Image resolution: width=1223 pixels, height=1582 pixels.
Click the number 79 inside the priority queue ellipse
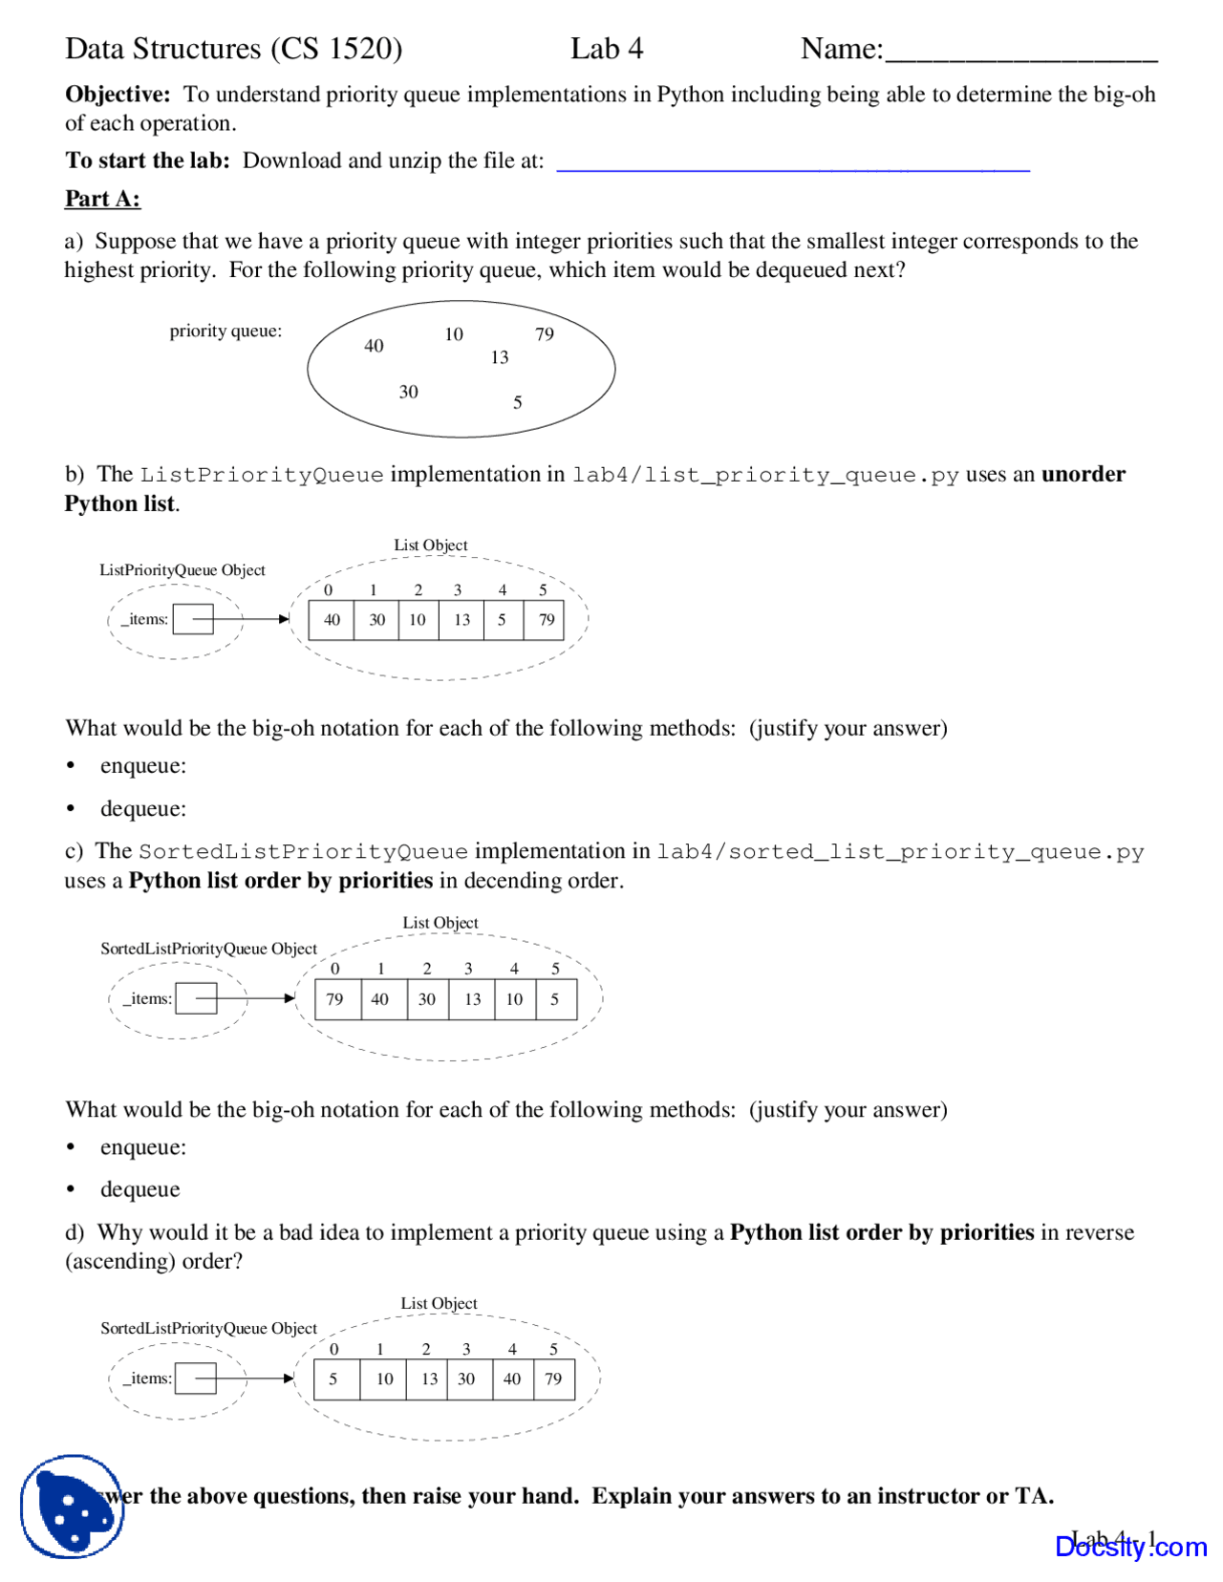[x=544, y=333]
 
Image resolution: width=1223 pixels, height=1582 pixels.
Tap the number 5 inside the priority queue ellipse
[x=517, y=402]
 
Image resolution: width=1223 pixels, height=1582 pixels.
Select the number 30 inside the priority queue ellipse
[x=408, y=392]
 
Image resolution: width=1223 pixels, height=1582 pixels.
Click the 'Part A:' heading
[x=102, y=199]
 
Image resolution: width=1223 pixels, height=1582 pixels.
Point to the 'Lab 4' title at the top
[x=606, y=49]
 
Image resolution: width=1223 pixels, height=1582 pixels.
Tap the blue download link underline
[x=792, y=169]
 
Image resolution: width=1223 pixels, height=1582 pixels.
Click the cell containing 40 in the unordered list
[x=332, y=620]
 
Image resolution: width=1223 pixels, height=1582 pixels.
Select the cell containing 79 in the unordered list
[x=546, y=620]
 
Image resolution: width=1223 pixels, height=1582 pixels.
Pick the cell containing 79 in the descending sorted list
[x=335, y=999]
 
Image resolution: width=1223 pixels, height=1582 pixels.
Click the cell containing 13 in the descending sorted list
[x=472, y=999]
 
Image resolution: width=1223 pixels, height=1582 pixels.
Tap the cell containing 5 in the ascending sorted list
[x=334, y=1379]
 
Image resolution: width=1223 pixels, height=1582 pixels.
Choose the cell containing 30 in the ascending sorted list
[x=467, y=1379]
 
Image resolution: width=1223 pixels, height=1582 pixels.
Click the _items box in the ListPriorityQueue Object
[x=193, y=619]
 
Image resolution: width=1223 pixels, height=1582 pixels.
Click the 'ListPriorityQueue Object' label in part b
[x=182, y=570]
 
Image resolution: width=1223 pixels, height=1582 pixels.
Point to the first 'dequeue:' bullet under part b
[x=143, y=809]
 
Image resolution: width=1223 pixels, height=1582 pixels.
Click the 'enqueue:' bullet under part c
[x=143, y=1147]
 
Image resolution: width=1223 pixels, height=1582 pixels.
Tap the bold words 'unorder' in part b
[x=1083, y=474]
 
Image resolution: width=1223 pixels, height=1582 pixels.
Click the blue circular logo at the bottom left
[x=73, y=1507]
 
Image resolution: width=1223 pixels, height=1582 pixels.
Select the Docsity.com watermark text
[x=1130, y=1546]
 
